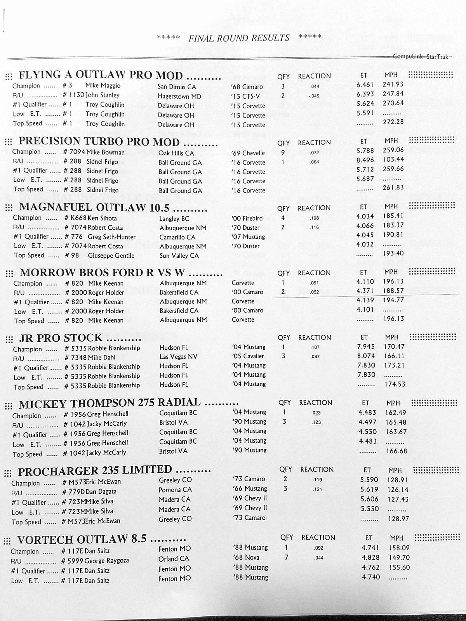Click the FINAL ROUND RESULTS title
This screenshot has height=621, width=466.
tap(239, 38)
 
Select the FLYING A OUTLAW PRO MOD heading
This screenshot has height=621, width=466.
tap(101, 75)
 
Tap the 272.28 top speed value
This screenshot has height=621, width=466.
tap(393, 122)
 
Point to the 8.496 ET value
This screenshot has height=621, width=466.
tap(365, 160)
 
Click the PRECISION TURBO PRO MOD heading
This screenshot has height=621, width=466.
tap(99, 141)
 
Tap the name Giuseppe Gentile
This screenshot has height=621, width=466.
tap(111, 255)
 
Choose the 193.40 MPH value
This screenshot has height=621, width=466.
tap(393, 253)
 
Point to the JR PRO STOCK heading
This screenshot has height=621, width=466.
tap(61, 338)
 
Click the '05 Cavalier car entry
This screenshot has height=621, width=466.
tap(248, 356)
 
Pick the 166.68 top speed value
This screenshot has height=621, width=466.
tap(396, 451)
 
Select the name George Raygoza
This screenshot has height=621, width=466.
tap(106, 561)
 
